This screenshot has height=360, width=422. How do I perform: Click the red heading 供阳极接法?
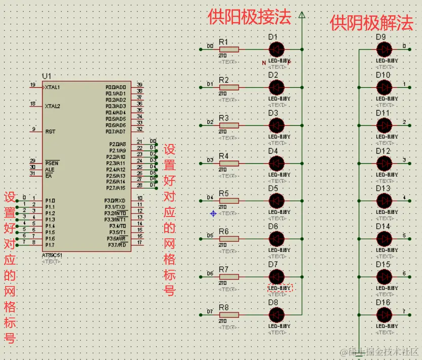tap(249, 17)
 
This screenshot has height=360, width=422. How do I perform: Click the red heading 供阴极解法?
tap(371, 23)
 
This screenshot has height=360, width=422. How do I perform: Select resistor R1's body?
tap(229, 49)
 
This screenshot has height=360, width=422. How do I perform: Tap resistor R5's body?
tap(229, 201)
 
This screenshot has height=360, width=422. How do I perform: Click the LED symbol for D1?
tap(276, 49)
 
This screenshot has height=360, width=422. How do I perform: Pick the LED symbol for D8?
tap(276, 314)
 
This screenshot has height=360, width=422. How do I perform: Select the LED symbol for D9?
tap(385, 49)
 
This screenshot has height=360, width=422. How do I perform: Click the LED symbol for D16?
tap(385, 314)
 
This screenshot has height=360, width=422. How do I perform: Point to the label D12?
tap(383, 151)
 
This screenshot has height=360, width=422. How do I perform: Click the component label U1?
tap(47, 76)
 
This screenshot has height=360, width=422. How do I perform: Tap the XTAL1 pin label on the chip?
tap(52, 87)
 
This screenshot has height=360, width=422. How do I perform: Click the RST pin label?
tap(50, 131)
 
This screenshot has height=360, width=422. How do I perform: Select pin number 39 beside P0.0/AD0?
tap(139, 85)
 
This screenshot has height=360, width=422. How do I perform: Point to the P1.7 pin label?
tap(50, 245)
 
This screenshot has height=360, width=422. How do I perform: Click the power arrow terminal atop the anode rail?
tap(302, 15)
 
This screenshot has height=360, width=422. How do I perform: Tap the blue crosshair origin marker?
tap(213, 213)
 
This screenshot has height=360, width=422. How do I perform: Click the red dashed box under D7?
tap(280, 288)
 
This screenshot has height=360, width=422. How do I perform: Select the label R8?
tap(223, 307)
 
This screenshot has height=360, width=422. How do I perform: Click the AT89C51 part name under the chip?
tap(53, 256)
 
